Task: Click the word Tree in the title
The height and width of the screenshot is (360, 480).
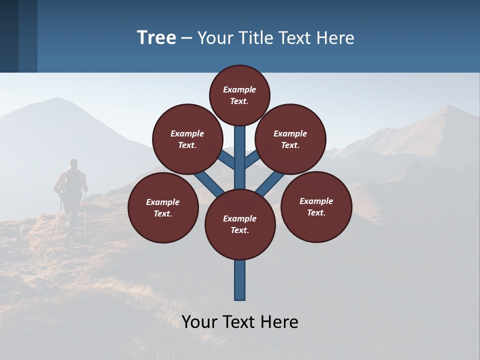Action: coord(156,37)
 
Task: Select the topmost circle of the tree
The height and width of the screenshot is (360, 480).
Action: coord(239,95)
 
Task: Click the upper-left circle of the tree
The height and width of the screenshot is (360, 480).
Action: coord(187,139)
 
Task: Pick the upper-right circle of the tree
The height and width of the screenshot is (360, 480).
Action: coord(290,139)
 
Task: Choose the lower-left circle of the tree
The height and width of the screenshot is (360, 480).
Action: coord(163,207)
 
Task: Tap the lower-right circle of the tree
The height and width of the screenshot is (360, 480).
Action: coord(316,206)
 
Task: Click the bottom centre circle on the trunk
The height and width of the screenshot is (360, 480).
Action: coord(240,224)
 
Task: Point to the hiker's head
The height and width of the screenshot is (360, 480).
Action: coord(74,163)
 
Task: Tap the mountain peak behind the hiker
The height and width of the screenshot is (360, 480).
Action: coord(57,100)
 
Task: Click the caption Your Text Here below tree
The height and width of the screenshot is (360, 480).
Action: coord(240,322)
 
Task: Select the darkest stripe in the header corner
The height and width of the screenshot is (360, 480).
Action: coord(9,36)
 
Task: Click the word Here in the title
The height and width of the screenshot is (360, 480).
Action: coord(334,38)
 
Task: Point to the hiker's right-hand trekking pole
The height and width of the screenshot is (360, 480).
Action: coord(85,215)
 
